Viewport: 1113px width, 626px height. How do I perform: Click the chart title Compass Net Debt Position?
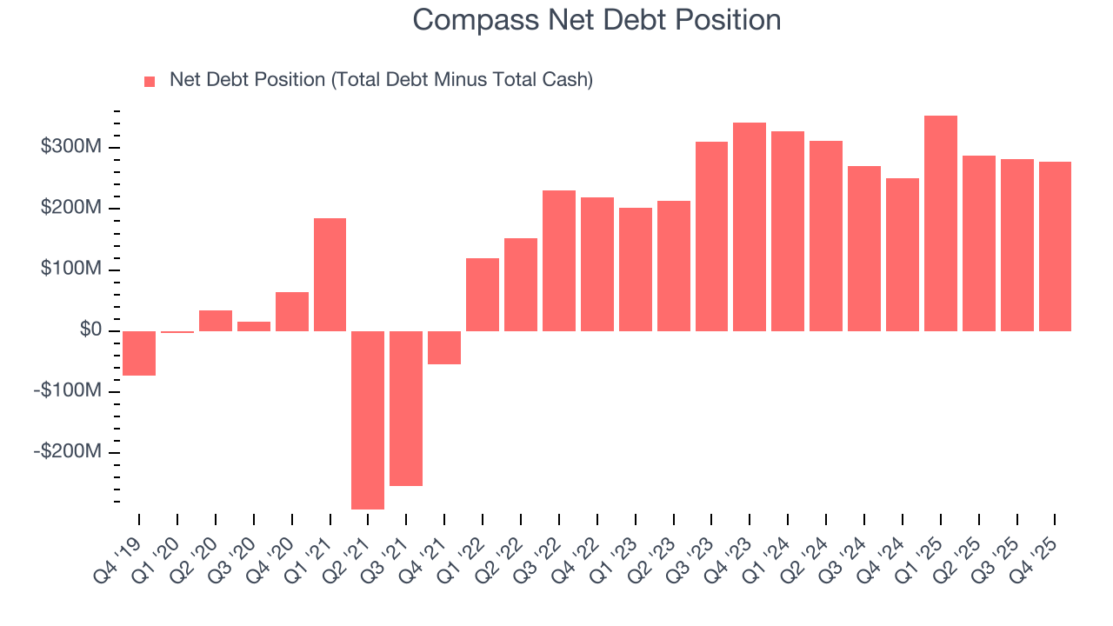tap(596, 20)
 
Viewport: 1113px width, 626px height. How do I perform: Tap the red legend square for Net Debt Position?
tap(150, 81)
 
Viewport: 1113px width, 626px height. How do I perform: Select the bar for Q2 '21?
tap(368, 419)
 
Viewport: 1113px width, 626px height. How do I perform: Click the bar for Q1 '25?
tap(941, 223)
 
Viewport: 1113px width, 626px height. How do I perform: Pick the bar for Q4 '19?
tap(139, 353)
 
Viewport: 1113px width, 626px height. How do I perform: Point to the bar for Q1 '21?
tap(330, 275)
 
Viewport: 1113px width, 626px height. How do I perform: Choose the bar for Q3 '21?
tap(406, 408)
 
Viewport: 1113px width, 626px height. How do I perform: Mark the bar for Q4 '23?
tap(750, 227)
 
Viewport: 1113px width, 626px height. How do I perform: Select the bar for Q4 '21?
tap(444, 347)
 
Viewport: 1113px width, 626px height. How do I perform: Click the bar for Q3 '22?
tap(559, 261)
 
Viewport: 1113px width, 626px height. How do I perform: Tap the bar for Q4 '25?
tap(1055, 246)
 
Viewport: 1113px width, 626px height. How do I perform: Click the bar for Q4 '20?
tap(292, 311)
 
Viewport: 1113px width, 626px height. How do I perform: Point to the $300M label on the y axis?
tap(71, 147)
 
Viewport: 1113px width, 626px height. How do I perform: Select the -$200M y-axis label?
tap(68, 452)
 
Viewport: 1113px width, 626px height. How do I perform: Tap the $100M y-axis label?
tap(71, 270)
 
